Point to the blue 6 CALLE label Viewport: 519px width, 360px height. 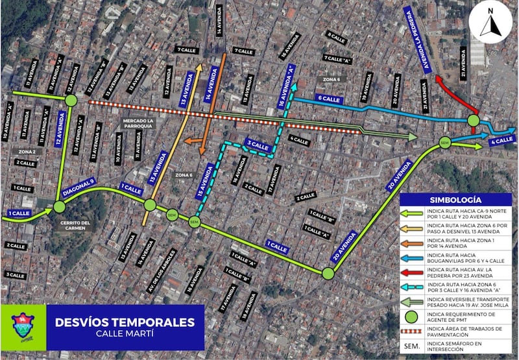pos(329,99)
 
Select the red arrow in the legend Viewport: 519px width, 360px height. pos(413,272)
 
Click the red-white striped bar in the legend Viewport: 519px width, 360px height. pos(413,332)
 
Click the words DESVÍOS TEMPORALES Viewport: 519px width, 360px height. pos(125,322)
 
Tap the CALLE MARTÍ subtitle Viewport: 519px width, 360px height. pos(125,335)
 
